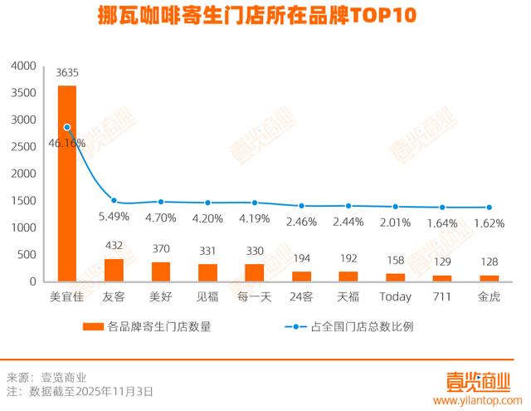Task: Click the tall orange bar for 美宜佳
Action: (x=67, y=183)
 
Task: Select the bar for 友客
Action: (x=114, y=270)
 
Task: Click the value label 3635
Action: (x=67, y=73)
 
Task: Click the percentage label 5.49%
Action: (x=114, y=216)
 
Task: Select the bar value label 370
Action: (x=161, y=248)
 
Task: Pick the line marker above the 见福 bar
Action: (x=208, y=203)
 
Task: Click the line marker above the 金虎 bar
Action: (x=489, y=208)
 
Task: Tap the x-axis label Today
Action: (x=395, y=296)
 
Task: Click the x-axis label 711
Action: (x=441, y=296)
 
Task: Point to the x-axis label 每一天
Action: (x=255, y=296)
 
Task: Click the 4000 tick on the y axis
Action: (x=26, y=66)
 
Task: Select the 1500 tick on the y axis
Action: (x=26, y=201)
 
